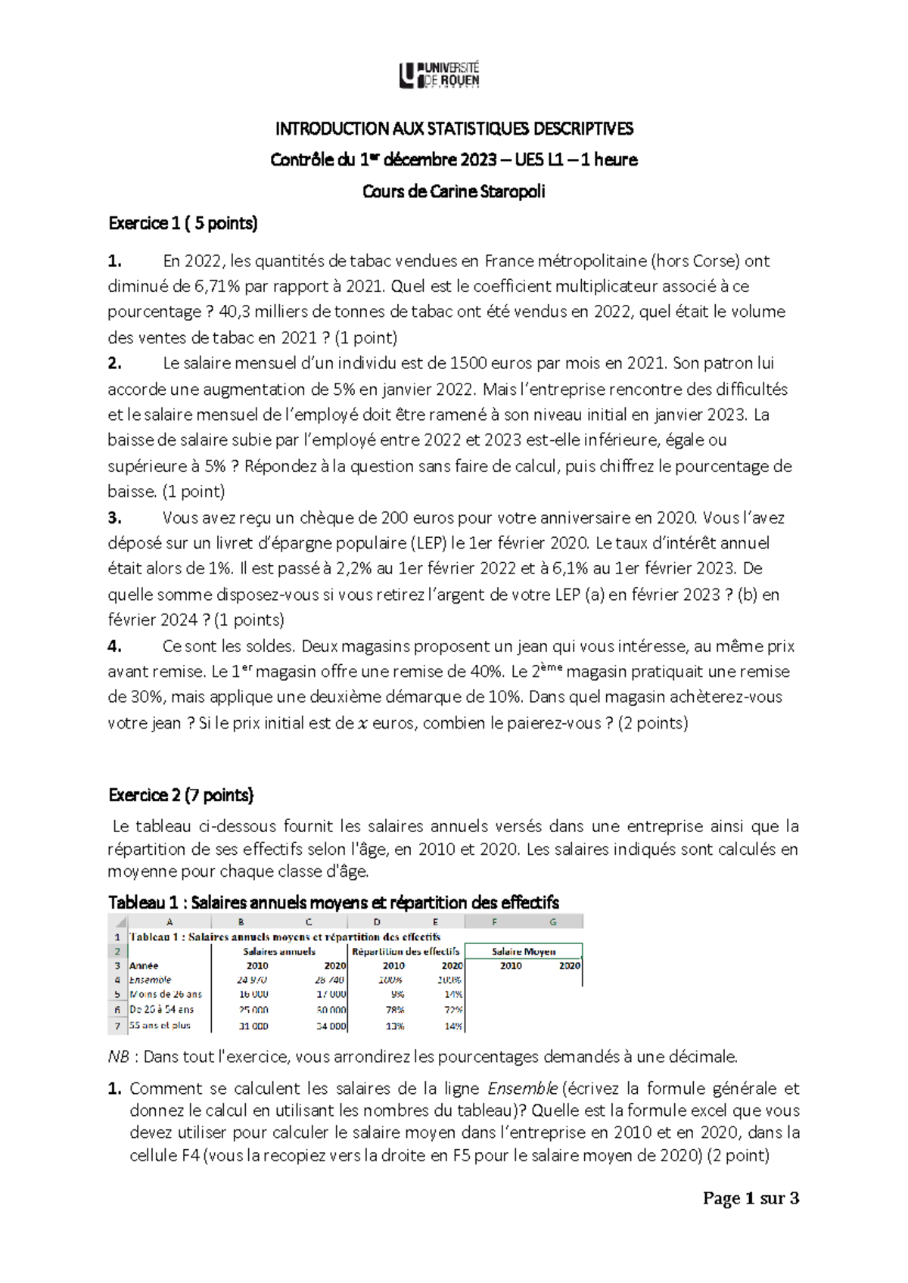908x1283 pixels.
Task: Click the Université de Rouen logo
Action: click(440, 75)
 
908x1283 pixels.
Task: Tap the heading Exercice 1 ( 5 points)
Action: click(183, 223)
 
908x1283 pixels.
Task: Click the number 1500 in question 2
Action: click(469, 363)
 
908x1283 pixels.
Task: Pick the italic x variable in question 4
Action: click(362, 723)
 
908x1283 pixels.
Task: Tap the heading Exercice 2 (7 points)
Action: click(182, 795)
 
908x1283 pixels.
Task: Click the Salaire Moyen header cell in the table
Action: click(524, 952)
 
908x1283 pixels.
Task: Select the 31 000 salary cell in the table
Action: click(253, 1027)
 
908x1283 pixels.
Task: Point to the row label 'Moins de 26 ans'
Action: click(166, 994)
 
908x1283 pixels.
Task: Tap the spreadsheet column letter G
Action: click(553, 921)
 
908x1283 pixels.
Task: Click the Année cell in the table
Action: click(144, 966)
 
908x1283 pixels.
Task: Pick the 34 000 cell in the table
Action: click(331, 1027)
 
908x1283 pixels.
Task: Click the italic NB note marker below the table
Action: click(119, 1057)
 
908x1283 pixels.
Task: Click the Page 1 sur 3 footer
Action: click(751, 1198)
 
